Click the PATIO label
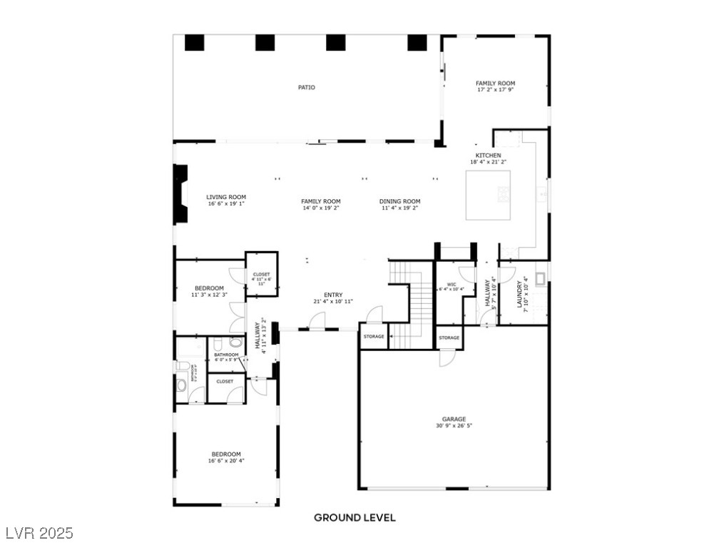[x=306, y=88]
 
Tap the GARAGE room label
[x=454, y=419]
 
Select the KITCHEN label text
[x=489, y=156]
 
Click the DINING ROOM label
[x=399, y=201]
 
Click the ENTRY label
[x=333, y=295]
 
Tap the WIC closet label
[x=451, y=283]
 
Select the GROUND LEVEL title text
[x=354, y=517]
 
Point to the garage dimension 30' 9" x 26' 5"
[x=454, y=426]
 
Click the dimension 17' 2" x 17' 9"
[x=495, y=90]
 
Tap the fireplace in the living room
[x=180, y=193]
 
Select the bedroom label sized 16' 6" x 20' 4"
[x=225, y=454]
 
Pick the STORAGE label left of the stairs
[x=374, y=336]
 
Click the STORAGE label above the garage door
[x=449, y=338]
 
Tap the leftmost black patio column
[x=194, y=43]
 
